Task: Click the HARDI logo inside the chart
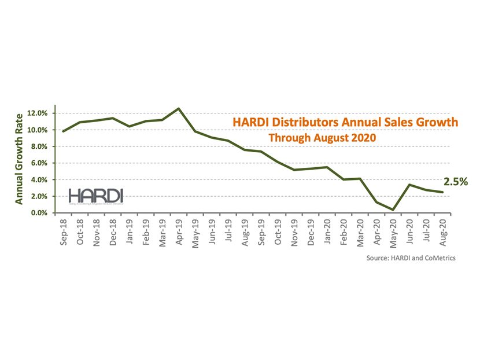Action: click(87, 196)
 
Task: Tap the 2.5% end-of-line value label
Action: click(456, 182)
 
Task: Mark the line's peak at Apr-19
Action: click(179, 108)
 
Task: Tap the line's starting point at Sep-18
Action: click(63, 131)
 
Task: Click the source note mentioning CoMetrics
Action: click(411, 258)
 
